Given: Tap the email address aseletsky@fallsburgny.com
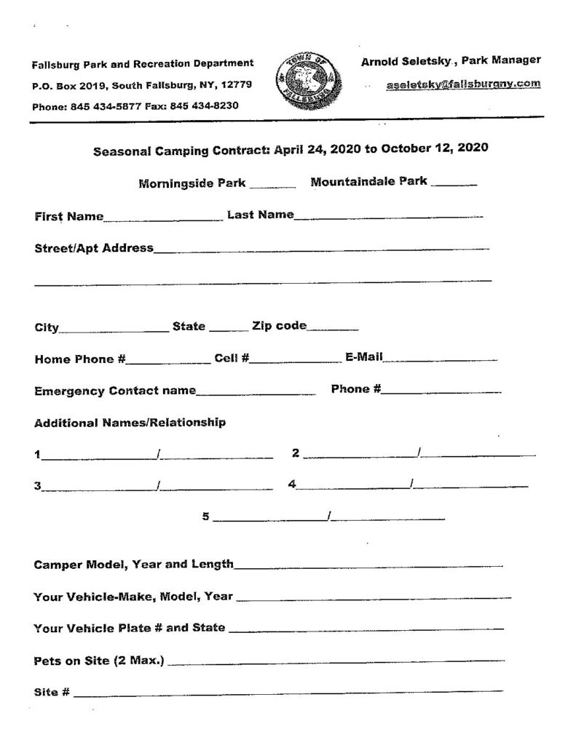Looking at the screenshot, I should pos(463,84).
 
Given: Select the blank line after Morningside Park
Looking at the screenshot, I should pos(272,186).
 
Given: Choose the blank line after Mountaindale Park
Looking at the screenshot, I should pos(454,186).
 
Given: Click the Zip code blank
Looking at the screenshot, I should pos(333,329).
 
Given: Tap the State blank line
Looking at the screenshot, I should pos(228,330).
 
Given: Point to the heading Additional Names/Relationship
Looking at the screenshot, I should pos(130,422).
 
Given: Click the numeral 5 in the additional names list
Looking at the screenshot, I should pos(206,517).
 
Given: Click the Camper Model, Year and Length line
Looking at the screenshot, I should pos(368,565).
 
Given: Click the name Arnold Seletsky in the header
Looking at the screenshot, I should pos(403,61).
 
